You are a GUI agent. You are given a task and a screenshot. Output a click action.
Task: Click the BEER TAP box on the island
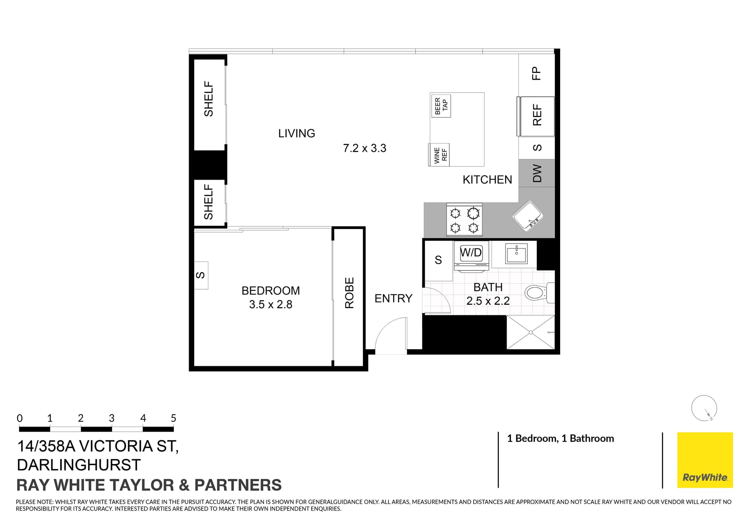[x=441, y=106]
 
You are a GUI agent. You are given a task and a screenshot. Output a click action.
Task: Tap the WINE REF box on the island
[x=440, y=155]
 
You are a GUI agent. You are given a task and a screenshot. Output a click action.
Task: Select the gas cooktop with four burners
[x=464, y=219]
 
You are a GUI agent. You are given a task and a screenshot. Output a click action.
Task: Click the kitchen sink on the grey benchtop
[x=528, y=216]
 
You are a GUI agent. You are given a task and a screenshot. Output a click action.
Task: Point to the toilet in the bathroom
[x=539, y=293]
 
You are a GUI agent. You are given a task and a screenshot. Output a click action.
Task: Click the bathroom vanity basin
[x=516, y=254]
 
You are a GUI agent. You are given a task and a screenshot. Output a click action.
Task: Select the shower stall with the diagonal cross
[x=531, y=332]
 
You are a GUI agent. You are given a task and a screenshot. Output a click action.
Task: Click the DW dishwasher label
[x=537, y=173]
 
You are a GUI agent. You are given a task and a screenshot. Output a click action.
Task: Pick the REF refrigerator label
[x=537, y=115]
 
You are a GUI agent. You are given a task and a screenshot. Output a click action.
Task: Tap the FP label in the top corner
[x=537, y=73]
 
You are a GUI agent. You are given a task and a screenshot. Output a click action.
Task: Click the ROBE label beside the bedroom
[x=349, y=293]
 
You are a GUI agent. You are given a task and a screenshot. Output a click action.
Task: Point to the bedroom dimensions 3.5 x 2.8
[x=271, y=304]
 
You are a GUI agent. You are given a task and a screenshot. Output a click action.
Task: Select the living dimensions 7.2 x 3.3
[x=365, y=148]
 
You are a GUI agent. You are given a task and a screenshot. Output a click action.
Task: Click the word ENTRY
[x=393, y=299]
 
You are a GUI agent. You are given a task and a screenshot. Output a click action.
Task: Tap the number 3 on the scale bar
[x=112, y=418]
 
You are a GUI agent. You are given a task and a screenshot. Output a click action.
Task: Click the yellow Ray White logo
[x=705, y=460]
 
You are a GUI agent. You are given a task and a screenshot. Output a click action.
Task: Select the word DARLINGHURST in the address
[x=79, y=465]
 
